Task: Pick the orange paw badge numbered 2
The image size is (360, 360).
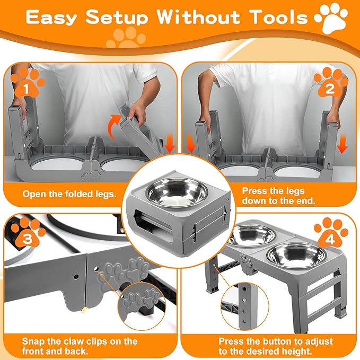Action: click(x=331, y=85)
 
